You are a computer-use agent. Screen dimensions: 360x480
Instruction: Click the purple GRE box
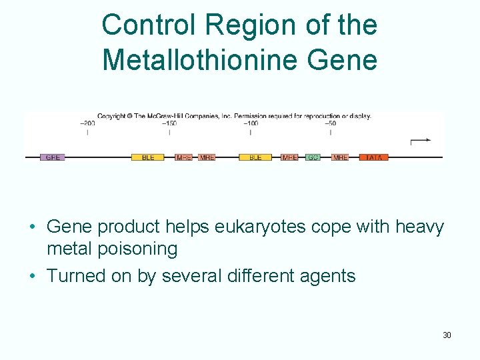(x=53, y=158)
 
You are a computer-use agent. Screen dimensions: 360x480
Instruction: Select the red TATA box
(x=374, y=158)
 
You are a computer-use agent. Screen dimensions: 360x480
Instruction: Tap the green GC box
(x=313, y=158)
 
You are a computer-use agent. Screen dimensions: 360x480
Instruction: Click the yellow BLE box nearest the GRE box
(x=148, y=158)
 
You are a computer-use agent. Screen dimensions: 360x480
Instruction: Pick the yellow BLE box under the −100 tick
(x=255, y=158)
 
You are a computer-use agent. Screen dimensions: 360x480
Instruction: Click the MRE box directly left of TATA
(x=340, y=158)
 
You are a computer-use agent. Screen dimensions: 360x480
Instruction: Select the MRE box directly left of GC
(x=289, y=158)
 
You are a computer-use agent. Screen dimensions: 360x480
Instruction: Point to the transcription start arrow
(x=420, y=141)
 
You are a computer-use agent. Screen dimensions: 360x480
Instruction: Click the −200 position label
(x=87, y=123)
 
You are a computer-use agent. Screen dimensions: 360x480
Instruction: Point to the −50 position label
(x=330, y=123)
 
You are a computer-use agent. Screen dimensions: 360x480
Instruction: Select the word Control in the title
(x=150, y=25)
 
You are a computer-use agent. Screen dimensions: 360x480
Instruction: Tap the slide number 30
(x=447, y=335)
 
